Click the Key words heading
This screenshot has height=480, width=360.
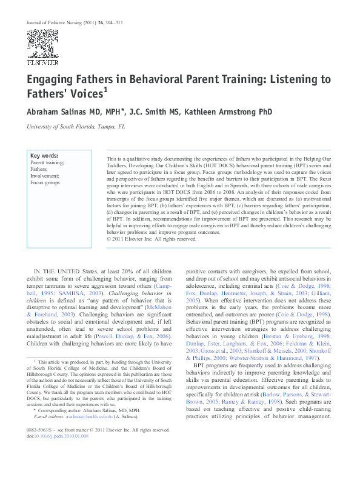tap(44, 156)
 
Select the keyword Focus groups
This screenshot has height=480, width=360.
tap(45, 182)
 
